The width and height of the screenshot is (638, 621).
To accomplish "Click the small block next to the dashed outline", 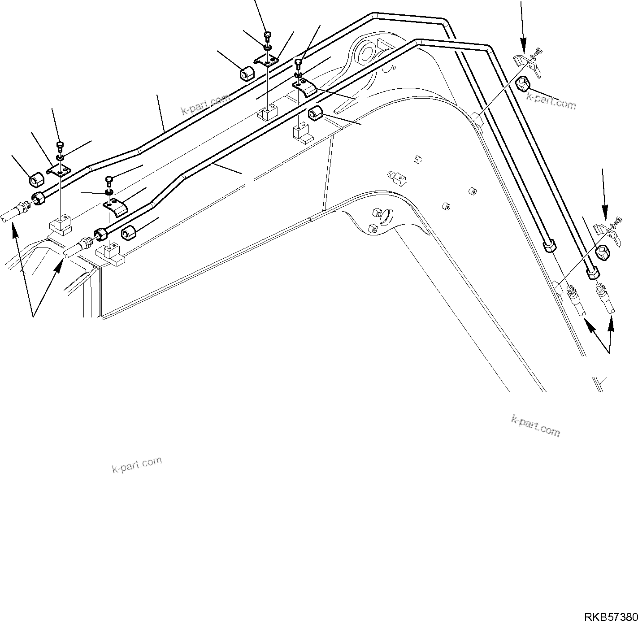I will (399, 179).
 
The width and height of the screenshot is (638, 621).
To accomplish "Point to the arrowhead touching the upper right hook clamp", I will (523, 50).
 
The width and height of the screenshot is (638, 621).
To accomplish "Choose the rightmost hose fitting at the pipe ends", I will (603, 296).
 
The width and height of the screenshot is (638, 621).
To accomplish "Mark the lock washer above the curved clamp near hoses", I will (109, 192).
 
